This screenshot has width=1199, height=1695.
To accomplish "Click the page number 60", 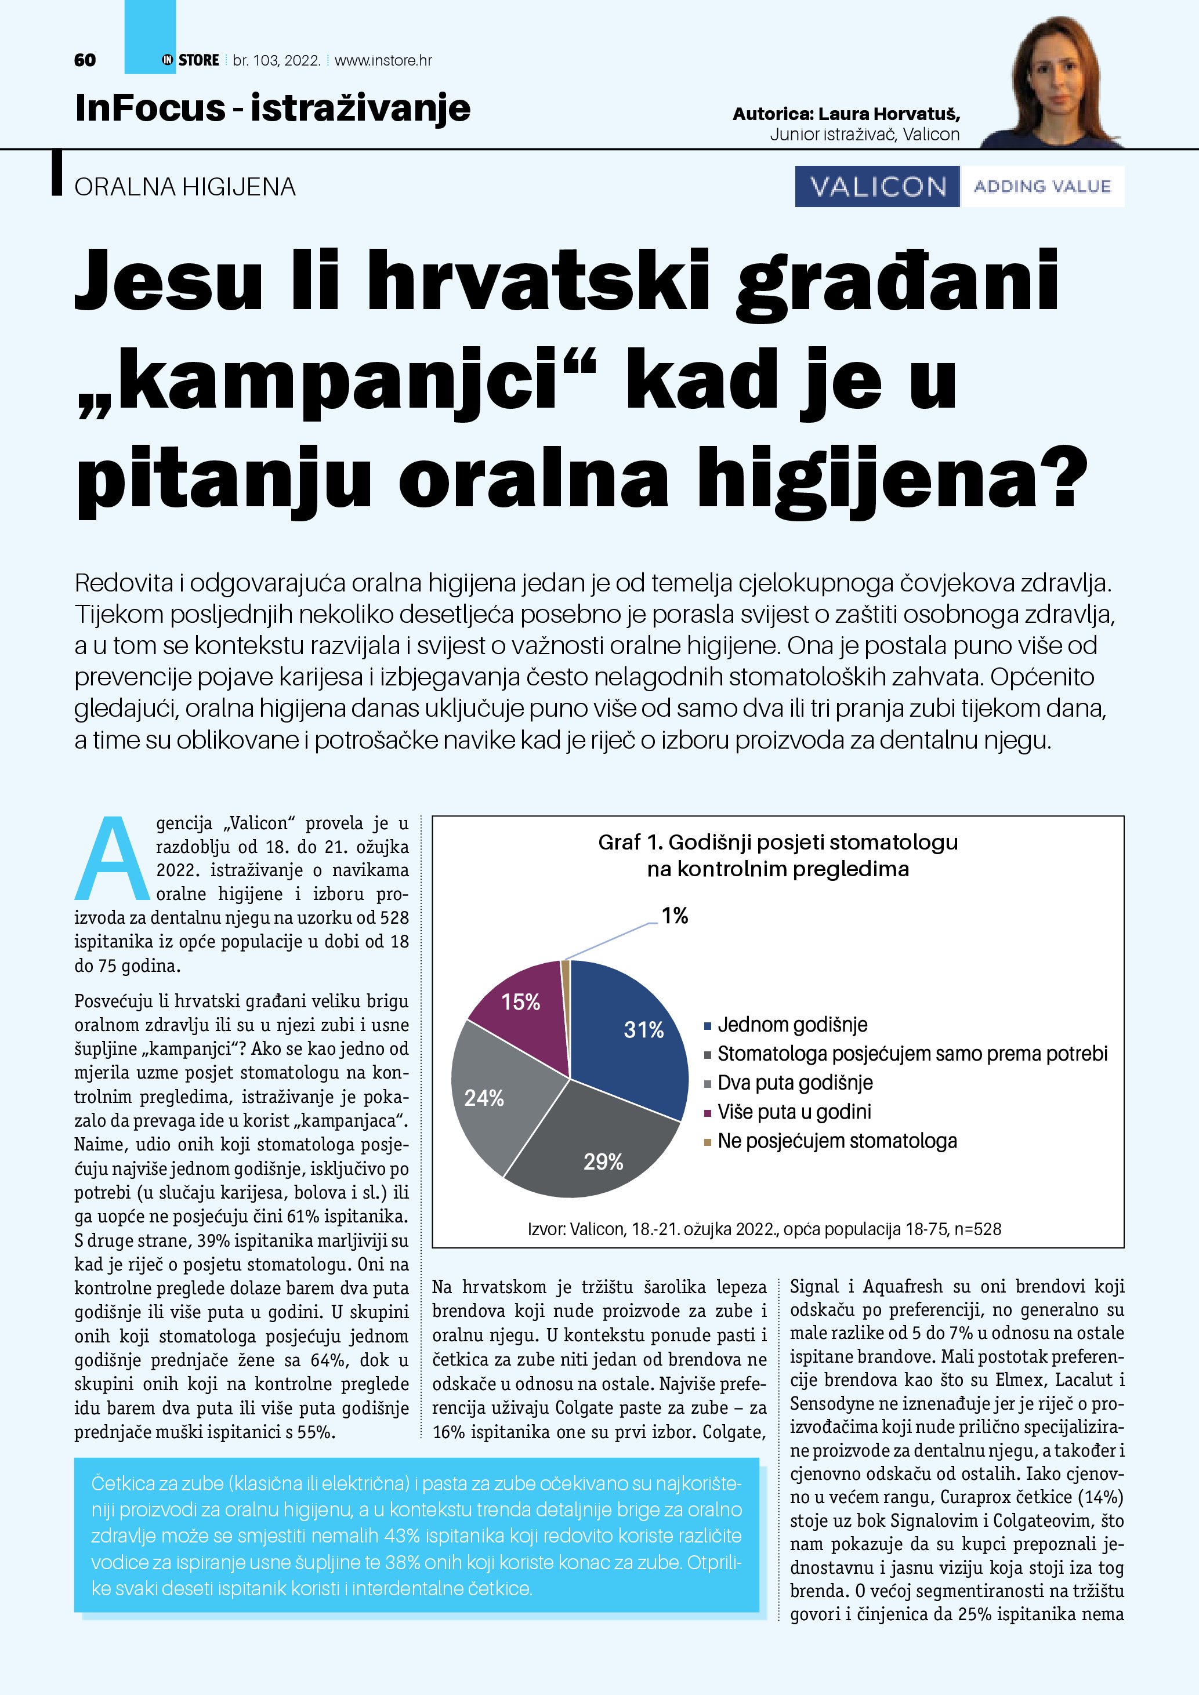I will [85, 60].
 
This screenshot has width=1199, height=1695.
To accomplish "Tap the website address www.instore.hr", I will [383, 60].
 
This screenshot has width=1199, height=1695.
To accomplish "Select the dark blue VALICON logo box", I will [877, 186].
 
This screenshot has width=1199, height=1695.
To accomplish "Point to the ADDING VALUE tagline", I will [1042, 186].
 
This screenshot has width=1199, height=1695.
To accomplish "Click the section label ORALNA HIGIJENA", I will [184, 187].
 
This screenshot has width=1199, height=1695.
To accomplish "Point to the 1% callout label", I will [674, 916].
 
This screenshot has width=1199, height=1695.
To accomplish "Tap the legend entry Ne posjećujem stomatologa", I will [836, 1141].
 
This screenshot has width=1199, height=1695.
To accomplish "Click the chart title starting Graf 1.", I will [777, 855].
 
